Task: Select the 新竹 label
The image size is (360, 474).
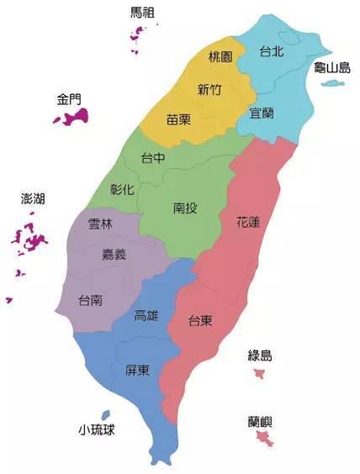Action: point(211,90)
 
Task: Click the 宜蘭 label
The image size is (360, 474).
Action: point(263,113)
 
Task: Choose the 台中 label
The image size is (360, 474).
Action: point(154,159)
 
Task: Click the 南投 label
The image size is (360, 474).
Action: point(186,208)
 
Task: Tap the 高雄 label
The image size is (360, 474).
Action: point(146,316)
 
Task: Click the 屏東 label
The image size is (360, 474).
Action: point(138,370)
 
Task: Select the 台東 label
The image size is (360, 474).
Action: point(200,319)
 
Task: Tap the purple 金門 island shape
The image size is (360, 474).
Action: point(71,116)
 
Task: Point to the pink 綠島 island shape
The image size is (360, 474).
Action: point(260,372)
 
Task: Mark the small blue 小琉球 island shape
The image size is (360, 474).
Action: point(105,414)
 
